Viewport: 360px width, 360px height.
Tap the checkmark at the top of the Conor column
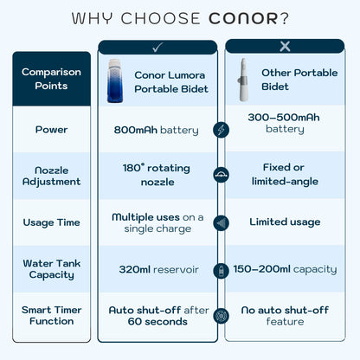[x=157, y=48]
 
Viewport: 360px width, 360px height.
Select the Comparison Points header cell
[x=51, y=79]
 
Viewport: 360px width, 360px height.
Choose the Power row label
[x=51, y=130]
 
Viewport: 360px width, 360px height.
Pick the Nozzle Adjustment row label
[x=51, y=176]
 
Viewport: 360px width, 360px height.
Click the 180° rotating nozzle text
[x=157, y=176]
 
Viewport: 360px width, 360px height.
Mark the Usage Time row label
[x=51, y=222]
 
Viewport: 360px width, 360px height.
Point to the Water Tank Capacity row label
[x=51, y=269]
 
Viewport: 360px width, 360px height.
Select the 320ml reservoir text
[x=158, y=269]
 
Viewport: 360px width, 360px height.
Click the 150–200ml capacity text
[x=285, y=269]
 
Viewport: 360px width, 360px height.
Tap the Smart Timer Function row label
[x=51, y=315]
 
